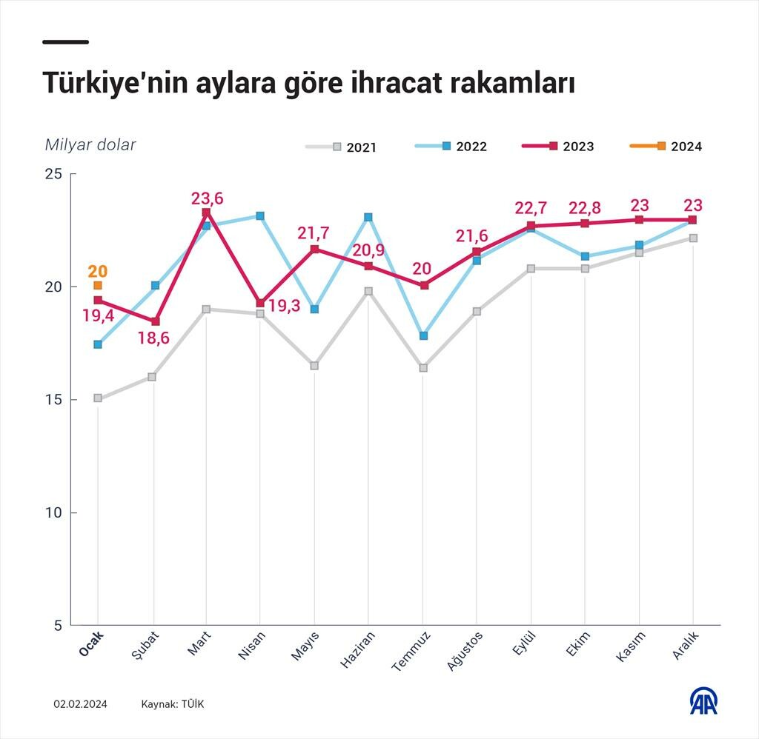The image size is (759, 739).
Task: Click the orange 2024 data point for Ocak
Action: [x=98, y=285]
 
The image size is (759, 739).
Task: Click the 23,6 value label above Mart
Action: [x=207, y=198]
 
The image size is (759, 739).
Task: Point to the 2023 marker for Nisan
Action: [x=260, y=303]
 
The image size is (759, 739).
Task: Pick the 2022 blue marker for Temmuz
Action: [x=422, y=335]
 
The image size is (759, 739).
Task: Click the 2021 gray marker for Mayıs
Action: [x=314, y=366]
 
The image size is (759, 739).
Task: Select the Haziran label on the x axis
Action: [x=359, y=649]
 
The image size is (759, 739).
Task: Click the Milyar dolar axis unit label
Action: [x=90, y=144]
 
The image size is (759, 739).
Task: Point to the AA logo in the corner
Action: [x=703, y=700]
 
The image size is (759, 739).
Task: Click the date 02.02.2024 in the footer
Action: [x=80, y=704]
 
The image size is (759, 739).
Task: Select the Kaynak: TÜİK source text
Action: [x=172, y=704]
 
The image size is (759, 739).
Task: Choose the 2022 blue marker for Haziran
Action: [x=368, y=217]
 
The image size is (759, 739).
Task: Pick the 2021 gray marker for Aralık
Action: [x=693, y=238]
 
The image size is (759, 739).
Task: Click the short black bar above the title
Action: [x=65, y=41]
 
